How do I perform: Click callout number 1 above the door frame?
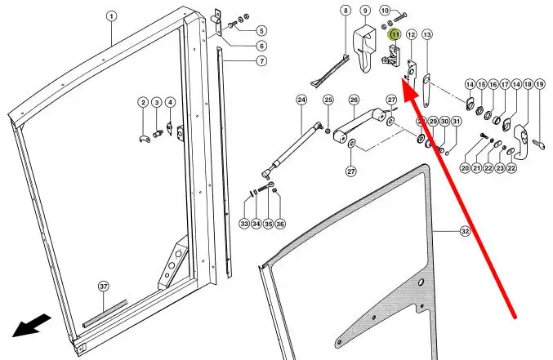[x=112, y=16]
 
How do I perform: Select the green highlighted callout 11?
[x=395, y=35]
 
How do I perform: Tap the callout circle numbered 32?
[x=465, y=232]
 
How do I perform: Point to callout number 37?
[x=104, y=286]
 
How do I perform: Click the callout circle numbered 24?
[x=301, y=100]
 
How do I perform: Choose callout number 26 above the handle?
[x=354, y=100]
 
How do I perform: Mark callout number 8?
[x=346, y=11]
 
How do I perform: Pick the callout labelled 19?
[x=540, y=85]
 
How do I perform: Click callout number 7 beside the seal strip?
[x=261, y=61]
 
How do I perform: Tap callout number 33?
[x=244, y=224]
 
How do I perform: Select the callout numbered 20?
[x=465, y=168]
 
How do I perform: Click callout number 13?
[x=426, y=34]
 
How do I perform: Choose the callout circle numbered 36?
[x=281, y=224]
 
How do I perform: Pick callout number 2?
[x=143, y=102]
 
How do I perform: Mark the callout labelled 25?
[x=328, y=100]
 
